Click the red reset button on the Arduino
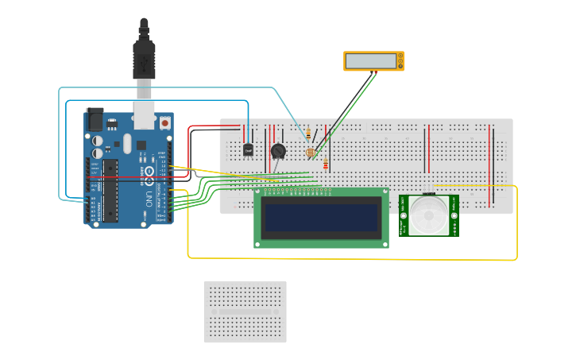coord(164,122)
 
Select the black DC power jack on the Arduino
coord(94,119)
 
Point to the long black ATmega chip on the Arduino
coord(110,190)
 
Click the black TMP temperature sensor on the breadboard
coord(248,149)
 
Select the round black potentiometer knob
coord(277,151)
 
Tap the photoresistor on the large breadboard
coord(311,152)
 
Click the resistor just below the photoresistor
coord(325,165)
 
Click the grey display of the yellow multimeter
coord(371,61)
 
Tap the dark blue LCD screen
coord(321,218)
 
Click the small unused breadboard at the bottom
coord(245,312)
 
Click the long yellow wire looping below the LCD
coord(350,259)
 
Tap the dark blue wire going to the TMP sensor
coord(159,101)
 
